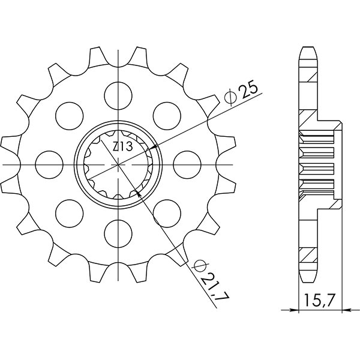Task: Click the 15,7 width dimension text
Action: [321, 299]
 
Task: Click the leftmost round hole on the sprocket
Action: [50, 163]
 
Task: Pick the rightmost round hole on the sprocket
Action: [188, 163]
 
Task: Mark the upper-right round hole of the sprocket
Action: [168, 115]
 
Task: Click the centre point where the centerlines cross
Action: [119, 163]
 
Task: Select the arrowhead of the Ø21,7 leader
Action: [139, 192]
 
